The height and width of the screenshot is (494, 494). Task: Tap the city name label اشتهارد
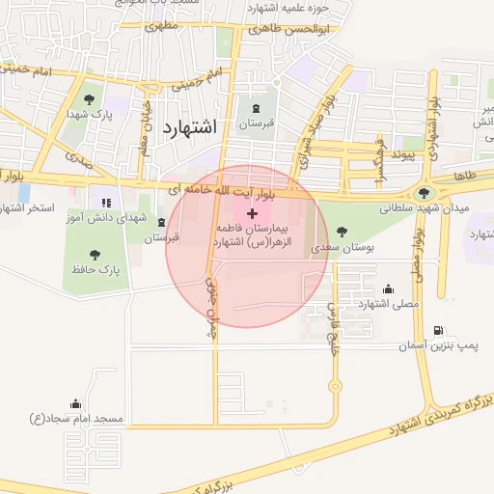tap(192, 127)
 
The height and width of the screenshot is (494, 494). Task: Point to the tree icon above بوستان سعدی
tap(343, 232)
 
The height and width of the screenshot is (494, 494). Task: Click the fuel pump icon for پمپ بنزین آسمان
tap(440, 330)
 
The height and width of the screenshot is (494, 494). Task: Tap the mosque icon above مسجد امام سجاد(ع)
tap(75, 403)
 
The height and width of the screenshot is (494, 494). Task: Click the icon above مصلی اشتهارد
tap(388, 288)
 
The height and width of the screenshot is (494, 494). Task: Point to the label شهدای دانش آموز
tap(104, 221)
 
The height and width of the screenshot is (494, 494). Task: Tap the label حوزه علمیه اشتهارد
tap(289, 8)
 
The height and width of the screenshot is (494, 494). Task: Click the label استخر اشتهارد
tap(27, 208)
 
